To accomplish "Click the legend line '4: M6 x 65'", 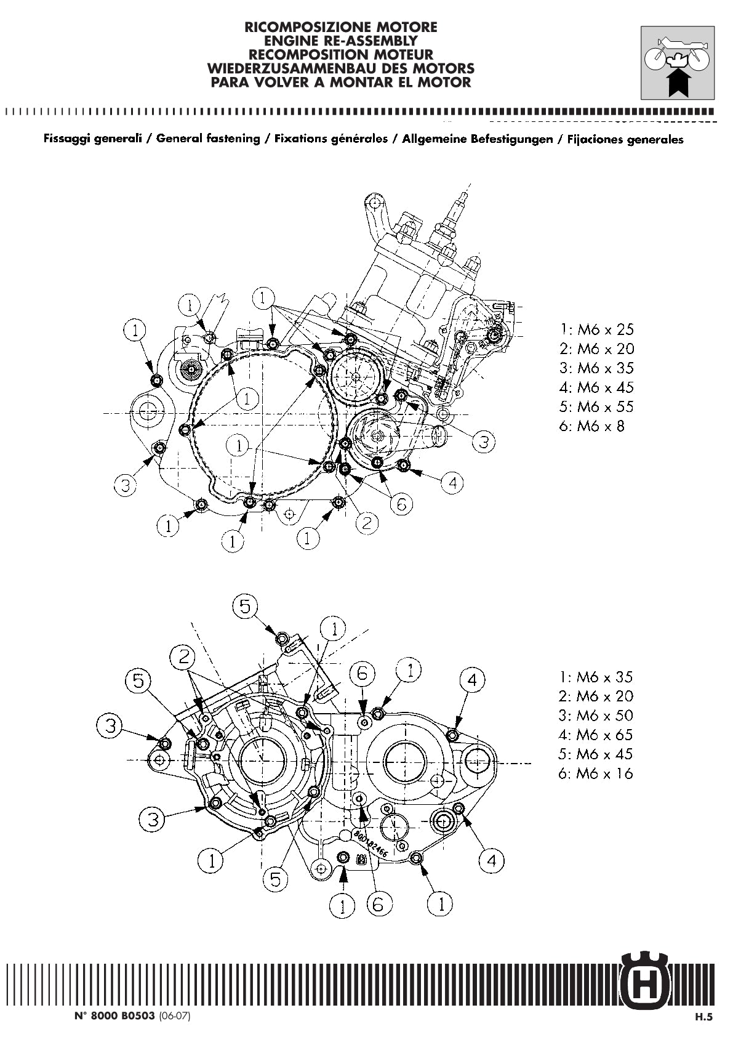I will [x=596, y=735].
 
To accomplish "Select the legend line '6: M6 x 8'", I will [x=591, y=426].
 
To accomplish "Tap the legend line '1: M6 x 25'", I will [x=596, y=329].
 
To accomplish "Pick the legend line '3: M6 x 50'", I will [x=596, y=716].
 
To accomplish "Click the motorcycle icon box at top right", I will [x=677, y=63].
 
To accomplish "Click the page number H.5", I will [x=703, y=1018].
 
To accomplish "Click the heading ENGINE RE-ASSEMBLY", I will [x=341, y=41].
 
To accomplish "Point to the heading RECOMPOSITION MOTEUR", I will [x=341, y=54].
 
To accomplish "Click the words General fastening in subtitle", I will [x=208, y=139].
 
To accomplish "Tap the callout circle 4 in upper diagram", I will [x=453, y=483].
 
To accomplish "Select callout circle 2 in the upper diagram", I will [x=367, y=523].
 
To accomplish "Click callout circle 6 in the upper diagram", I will [x=401, y=505].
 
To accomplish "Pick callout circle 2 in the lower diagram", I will [x=183, y=656].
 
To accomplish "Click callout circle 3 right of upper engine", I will [x=484, y=442].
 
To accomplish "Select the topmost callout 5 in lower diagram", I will [x=245, y=607].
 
